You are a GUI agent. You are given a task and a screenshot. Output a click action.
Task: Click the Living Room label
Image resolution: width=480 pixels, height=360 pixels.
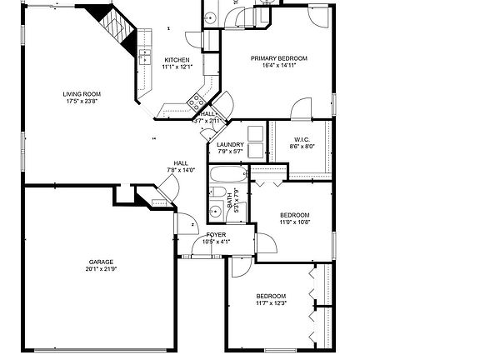[82, 94]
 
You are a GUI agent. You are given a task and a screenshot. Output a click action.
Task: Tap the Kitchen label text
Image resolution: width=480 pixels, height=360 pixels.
[177, 60]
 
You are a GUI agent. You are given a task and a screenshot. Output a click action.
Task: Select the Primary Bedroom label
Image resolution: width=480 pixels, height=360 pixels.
[279, 58]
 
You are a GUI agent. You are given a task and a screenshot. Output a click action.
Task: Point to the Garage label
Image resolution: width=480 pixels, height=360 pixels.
[101, 262]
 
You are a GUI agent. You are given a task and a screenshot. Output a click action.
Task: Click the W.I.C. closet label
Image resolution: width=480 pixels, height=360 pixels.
[302, 139]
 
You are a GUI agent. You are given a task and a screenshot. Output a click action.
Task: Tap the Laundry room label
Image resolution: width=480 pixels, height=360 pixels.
[230, 145]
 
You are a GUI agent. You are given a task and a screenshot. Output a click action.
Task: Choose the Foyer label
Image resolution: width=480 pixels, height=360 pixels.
[216, 235]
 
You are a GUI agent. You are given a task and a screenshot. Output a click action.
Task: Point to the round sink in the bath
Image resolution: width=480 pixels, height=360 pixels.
[216, 211]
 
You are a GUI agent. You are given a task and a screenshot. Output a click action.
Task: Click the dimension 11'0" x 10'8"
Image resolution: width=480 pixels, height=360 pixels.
[294, 222]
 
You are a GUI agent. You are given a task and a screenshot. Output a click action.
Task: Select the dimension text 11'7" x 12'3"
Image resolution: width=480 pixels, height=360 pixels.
[271, 303]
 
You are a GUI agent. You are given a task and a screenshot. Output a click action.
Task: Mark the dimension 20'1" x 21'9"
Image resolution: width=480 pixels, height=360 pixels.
[101, 269]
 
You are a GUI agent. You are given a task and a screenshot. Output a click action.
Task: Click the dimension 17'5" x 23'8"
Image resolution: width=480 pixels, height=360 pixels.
[82, 102]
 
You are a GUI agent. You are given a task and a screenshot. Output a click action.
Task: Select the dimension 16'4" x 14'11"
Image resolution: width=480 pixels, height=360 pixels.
[279, 66]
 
